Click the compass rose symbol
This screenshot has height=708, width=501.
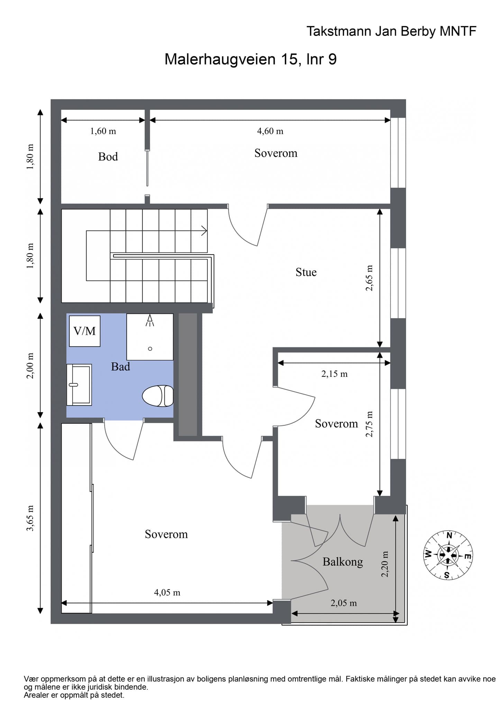[x=448, y=555]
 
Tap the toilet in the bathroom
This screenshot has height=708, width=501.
[x=158, y=395]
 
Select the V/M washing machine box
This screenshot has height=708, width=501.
[x=85, y=331]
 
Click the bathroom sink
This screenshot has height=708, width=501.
[x=79, y=384]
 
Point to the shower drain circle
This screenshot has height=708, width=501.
[x=150, y=348]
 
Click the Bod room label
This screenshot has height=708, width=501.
[x=108, y=157]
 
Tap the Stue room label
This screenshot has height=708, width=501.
[x=306, y=272]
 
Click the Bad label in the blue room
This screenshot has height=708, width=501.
[x=120, y=366]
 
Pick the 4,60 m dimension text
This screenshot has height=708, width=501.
[x=270, y=131]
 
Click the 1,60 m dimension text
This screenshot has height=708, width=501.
[x=103, y=131]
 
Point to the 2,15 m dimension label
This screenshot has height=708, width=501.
[x=334, y=374]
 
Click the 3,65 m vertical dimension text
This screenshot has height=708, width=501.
[x=30, y=518]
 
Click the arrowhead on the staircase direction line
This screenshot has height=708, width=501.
[x=204, y=231]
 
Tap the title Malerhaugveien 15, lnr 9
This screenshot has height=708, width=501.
[x=250, y=59]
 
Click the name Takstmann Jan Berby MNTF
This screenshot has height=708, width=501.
[x=391, y=31]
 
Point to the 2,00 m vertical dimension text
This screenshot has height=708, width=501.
[x=30, y=366]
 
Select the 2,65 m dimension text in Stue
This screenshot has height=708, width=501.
[x=370, y=278]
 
